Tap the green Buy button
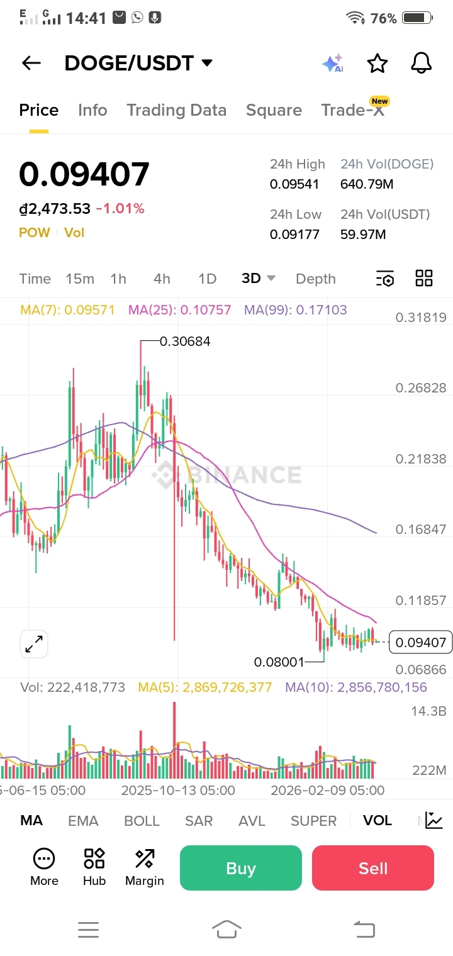pos(241,868)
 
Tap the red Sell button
pos(372,868)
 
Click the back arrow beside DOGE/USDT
pos(31,63)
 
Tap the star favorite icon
pos(377,63)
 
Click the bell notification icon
pos(421,63)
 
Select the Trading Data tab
pos(176,110)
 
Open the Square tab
pos(274,110)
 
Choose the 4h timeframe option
pos(162,279)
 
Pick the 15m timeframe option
pos(80,279)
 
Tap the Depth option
pos(315,279)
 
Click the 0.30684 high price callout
pos(185,342)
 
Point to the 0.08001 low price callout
pos(279,662)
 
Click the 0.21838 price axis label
pos(420,459)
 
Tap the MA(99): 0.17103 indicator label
pos(296,310)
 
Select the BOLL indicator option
pos(142,821)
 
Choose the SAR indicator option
pos(199,821)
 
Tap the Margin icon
pos(144,867)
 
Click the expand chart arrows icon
pos(34,644)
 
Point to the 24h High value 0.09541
pos(294,184)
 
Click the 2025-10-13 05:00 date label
pos(178,791)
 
